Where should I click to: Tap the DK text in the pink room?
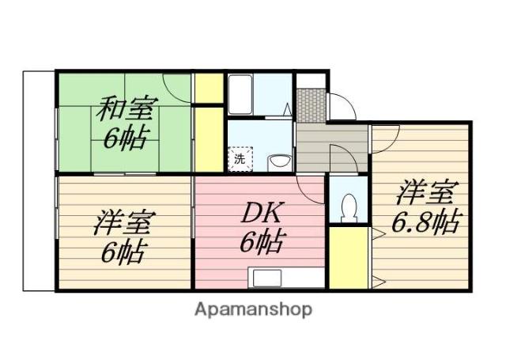click(x=262, y=212)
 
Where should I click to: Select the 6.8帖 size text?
click(x=425, y=222)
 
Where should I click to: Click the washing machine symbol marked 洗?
click(x=240, y=158)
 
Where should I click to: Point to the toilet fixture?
click(x=349, y=208)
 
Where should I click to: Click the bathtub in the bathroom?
click(x=240, y=94)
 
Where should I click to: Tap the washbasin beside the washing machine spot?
click(x=279, y=163)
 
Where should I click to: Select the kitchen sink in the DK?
click(x=267, y=278)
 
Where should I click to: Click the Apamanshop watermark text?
click(x=253, y=309)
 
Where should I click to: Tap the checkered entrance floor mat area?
click(x=311, y=105)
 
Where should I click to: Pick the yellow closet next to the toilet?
click(x=349, y=258)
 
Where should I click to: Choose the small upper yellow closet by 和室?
click(x=209, y=88)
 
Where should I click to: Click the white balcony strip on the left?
click(x=39, y=181)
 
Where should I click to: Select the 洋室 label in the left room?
click(x=125, y=222)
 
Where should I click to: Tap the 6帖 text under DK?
click(x=262, y=241)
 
